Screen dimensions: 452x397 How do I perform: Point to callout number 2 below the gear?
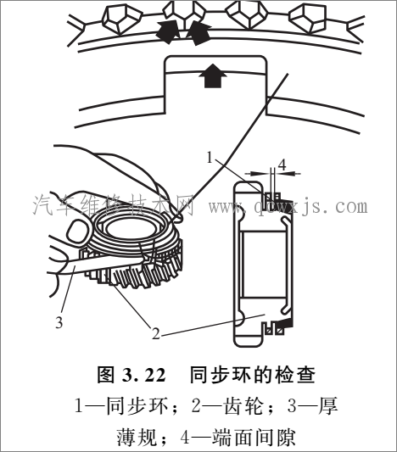(x=156, y=333)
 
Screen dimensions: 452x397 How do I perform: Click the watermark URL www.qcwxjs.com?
(x=288, y=206)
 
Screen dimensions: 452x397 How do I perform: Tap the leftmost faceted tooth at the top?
(x=120, y=14)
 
